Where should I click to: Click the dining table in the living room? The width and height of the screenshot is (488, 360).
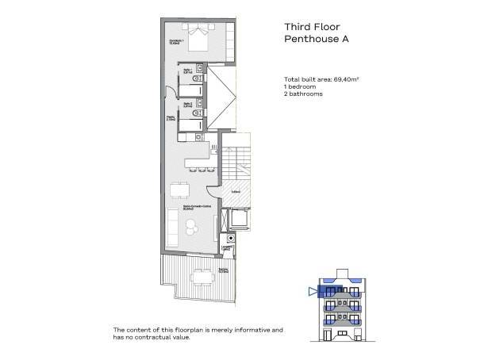coord(177,194)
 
